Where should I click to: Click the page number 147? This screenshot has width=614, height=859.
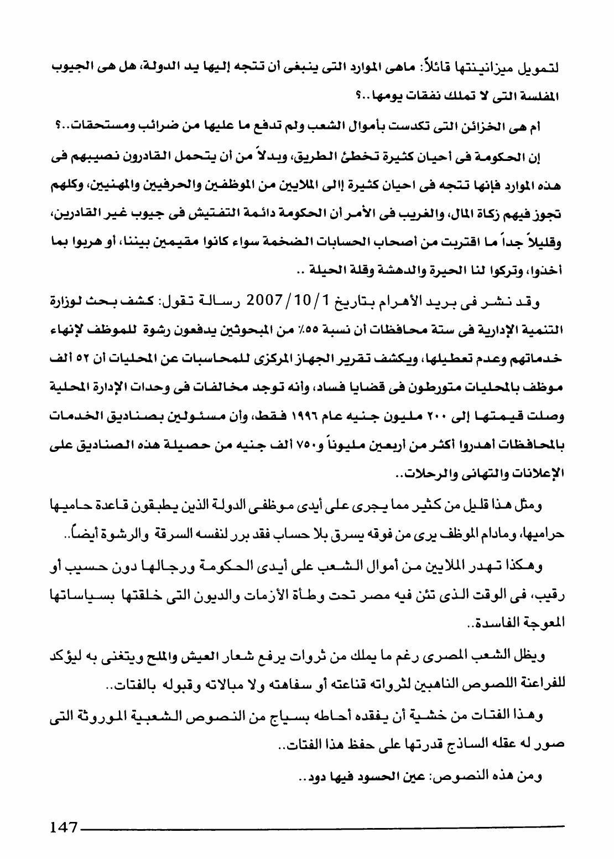click(x=62, y=827)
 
